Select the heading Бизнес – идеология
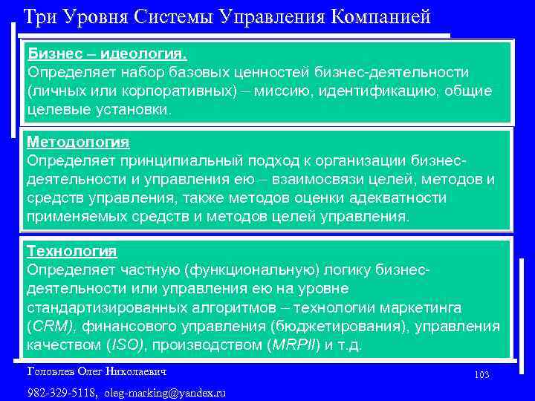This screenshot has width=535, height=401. tap(107, 54)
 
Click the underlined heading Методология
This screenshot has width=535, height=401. tap(78, 141)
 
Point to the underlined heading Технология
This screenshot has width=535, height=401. tap(72, 251)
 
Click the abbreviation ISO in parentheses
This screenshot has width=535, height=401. tap(127, 345)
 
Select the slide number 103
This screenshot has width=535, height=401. tap(481, 376)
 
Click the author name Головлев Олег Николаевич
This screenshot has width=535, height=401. tap(97, 371)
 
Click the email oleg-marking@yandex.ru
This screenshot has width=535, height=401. tap(165, 392)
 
